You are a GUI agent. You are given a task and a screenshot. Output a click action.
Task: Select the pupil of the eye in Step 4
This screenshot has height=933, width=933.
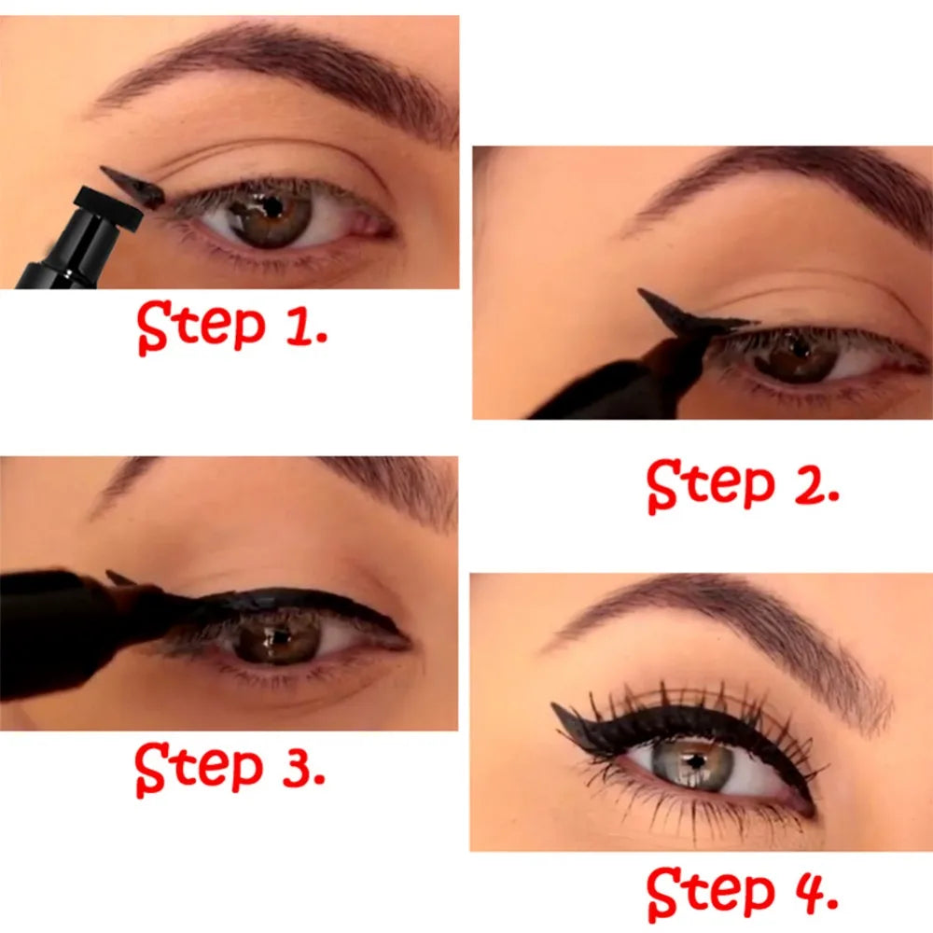694,759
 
